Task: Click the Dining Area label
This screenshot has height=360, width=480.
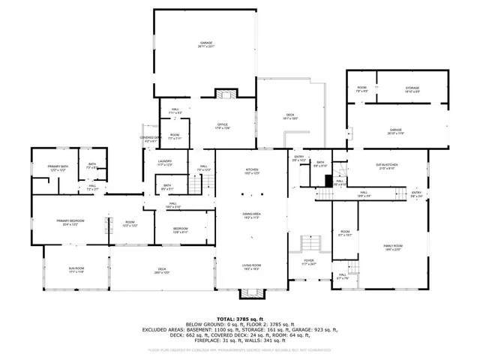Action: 251,214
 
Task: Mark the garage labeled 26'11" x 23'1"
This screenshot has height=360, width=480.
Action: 205,43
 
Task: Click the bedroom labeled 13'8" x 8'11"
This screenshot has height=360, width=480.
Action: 181,229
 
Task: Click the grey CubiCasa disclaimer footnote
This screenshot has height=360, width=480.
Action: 239,350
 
